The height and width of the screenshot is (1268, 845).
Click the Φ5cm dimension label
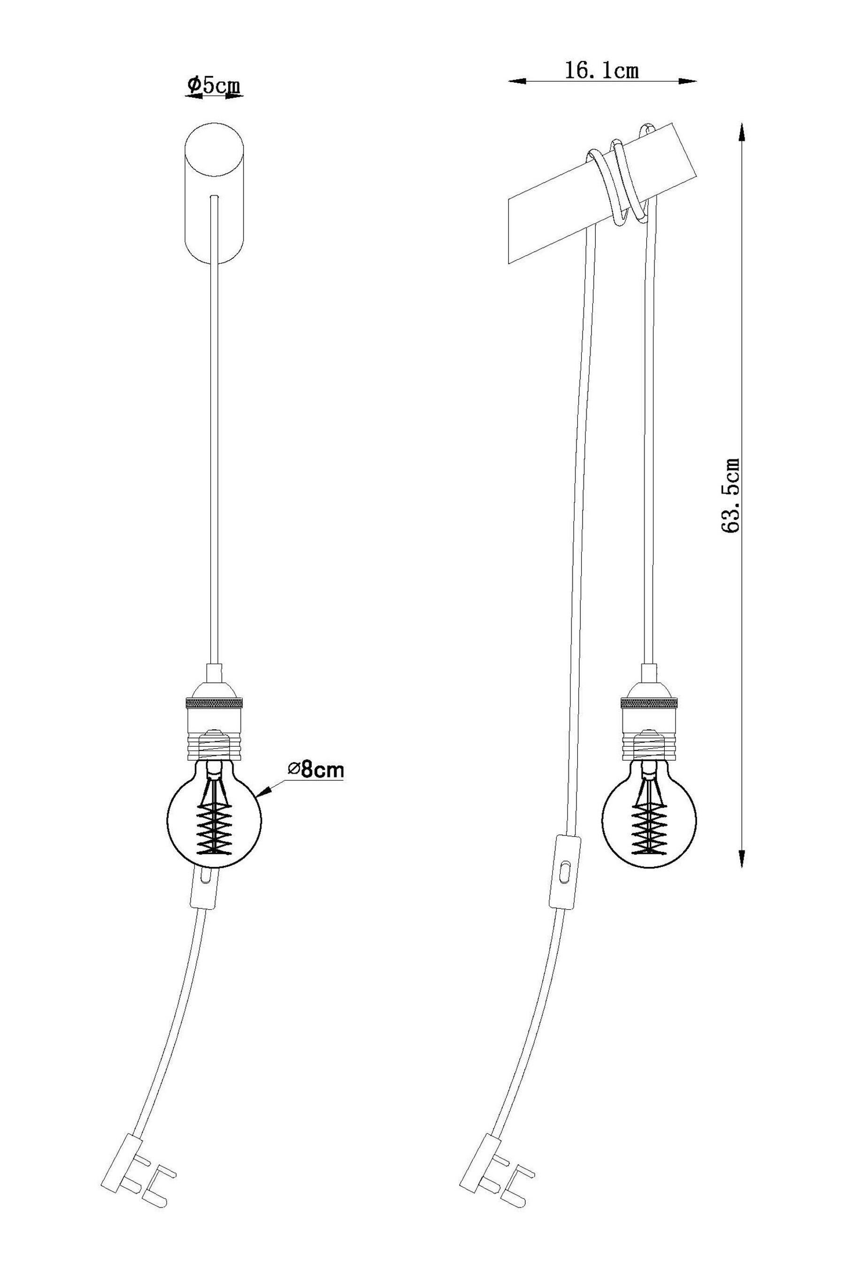click(214, 85)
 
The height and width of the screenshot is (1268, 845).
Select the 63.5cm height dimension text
click(731, 496)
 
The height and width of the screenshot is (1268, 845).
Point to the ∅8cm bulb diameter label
click(315, 770)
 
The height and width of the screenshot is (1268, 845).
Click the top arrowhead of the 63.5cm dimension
click(742, 132)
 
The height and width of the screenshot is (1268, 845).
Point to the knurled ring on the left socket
click(214, 704)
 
